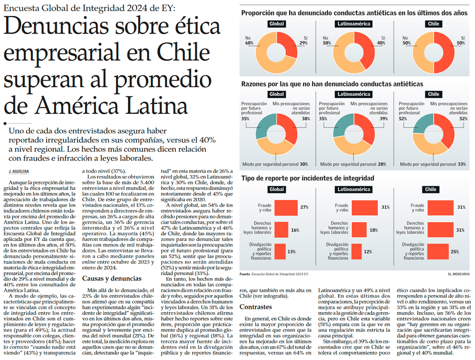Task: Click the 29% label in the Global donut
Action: [304, 43]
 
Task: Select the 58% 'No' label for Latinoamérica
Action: [326, 43]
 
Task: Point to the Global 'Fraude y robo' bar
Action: [286, 208]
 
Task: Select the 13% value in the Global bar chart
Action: [292, 252]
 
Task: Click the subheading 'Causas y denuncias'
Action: [111, 278]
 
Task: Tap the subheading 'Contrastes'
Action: [256, 307]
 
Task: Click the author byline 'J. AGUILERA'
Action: [18, 171]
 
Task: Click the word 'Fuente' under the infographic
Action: [244, 274]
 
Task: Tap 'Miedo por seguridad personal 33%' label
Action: [433, 164]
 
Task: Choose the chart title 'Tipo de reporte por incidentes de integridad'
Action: [307, 178]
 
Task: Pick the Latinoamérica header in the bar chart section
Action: [354, 189]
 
